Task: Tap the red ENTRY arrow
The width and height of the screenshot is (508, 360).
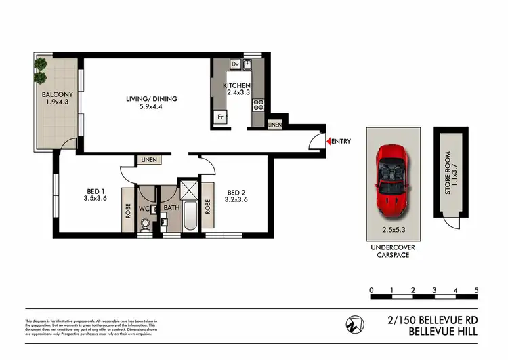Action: tap(329, 141)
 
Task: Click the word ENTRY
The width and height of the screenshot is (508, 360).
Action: tap(342, 141)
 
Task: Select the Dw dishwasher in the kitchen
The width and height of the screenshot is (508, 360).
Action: tap(234, 64)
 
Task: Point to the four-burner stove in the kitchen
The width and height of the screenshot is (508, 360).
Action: tap(258, 105)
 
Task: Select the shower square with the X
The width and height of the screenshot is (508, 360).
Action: tap(187, 188)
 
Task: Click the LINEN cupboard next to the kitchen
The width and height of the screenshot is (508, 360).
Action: tap(274, 125)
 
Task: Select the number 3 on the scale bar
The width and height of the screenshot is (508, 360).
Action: tap(434, 291)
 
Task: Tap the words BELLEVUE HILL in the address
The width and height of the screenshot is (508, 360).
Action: tap(443, 332)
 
